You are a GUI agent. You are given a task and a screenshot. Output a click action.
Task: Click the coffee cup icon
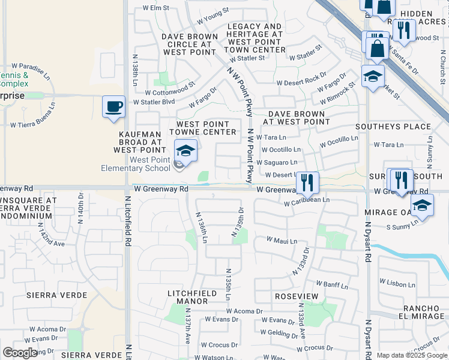pyautogui.click(x=113, y=107)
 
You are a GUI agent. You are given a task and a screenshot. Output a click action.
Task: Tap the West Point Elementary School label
pyautogui.click(x=150, y=164)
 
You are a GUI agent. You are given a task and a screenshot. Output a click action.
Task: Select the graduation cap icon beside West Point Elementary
pyautogui.click(x=185, y=151)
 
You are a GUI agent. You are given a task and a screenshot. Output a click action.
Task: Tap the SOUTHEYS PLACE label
pyautogui.click(x=393, y=127)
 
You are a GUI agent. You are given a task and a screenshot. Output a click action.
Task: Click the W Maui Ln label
pyautogui.click(x=282, y=241)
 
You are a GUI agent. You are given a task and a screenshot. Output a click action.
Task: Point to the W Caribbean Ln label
pyautogui.click(x=307, y=202)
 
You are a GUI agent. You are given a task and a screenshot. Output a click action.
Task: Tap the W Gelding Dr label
pyautogui.click(x=280, y=332)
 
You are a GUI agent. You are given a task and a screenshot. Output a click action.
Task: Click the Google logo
pyautogui.click(x=20, y=353)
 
